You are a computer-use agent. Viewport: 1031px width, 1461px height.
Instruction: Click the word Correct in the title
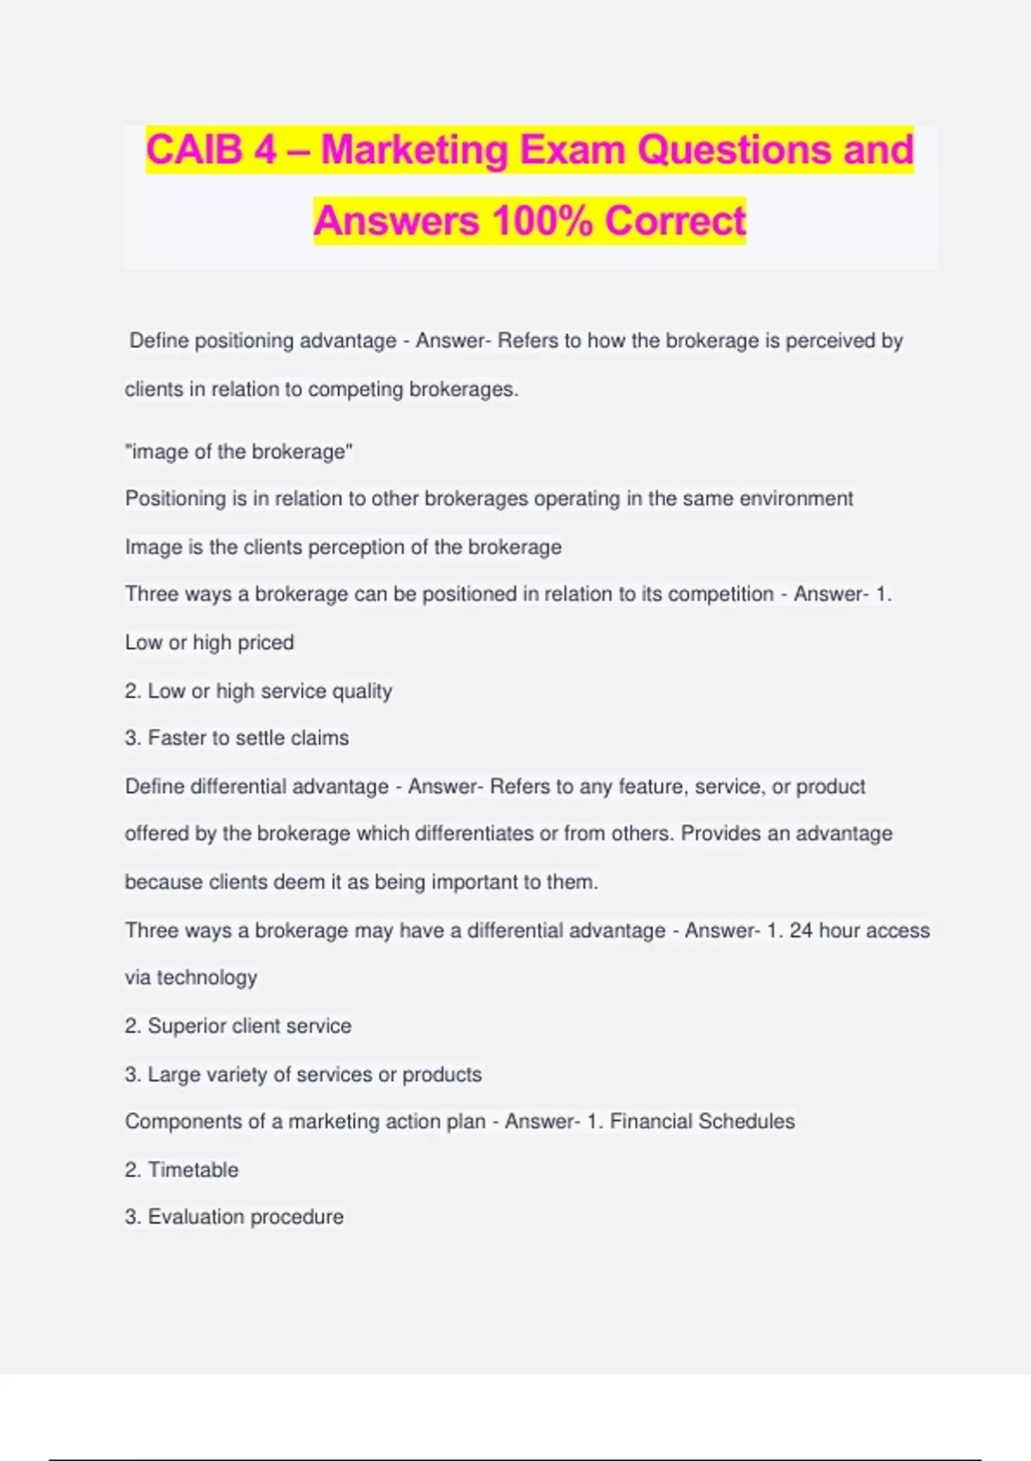click(675, 221)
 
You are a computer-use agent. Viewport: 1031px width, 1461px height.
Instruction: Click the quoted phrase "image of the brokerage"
click(239, 452)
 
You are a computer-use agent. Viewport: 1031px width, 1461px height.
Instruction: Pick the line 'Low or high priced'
click(210, 643)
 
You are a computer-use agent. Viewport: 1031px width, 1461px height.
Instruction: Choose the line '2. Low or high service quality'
click(258, 691)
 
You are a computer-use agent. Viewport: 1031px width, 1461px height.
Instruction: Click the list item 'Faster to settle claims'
click(247, 738)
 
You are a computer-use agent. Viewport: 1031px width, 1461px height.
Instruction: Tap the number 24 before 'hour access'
click(801, 931)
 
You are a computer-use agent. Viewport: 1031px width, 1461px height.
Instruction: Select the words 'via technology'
click(191, 978)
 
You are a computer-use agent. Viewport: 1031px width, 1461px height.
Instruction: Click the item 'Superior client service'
click(248, 1026)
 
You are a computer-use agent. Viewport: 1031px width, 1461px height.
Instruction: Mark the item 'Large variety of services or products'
click(314, 1074)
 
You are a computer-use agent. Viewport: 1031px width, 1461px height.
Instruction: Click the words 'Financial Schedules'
click(702, 1122)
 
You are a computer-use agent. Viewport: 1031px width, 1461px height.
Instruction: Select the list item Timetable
click(192, 1170)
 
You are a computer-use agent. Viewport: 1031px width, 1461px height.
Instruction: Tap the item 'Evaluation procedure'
click(245, 1217)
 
